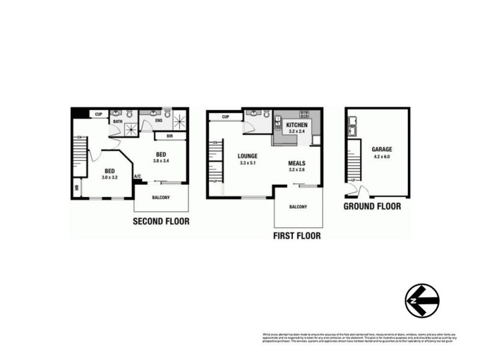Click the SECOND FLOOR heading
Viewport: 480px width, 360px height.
click(161, 221)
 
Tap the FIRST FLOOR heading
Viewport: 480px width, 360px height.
click(296, 236)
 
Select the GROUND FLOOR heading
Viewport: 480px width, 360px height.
click(372, 206)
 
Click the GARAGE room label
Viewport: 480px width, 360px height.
click(382, 149)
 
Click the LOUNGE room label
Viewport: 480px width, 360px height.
click(247, 155)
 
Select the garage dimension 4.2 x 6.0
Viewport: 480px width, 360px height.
click(382, 156)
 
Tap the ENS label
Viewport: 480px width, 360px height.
click(158, 121)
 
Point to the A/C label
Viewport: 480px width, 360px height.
click(137, 176)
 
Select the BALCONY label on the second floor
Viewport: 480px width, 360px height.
click(160, 197)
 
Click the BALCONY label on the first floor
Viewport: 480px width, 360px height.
click(298, 207)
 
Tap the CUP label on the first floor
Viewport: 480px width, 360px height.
click(225, 116)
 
